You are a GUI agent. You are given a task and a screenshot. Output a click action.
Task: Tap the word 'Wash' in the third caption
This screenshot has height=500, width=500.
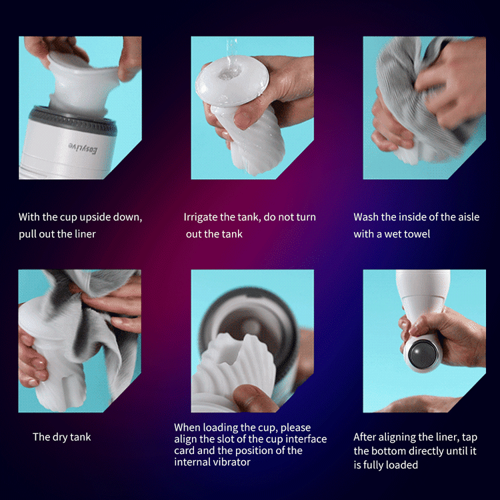[366, 217]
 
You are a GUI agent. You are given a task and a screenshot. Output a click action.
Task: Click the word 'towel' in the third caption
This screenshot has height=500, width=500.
[416, 234]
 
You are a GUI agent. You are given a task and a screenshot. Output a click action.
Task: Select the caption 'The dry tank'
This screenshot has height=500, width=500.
[62, 437]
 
